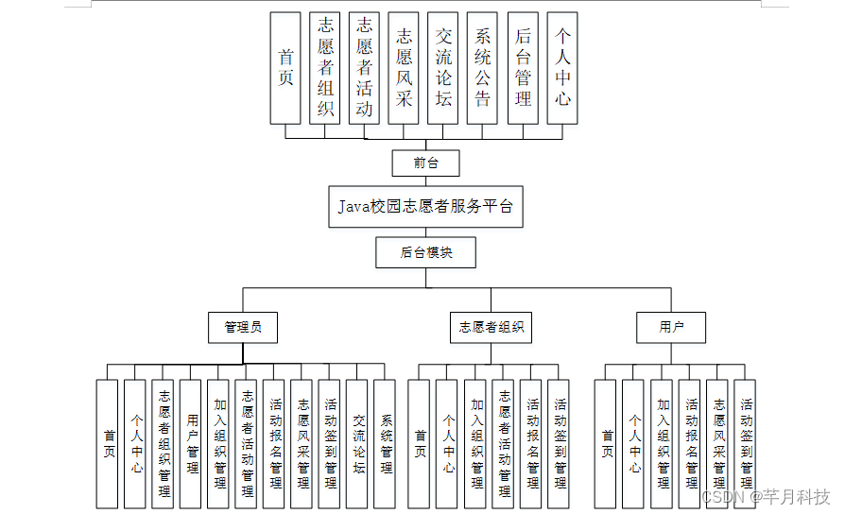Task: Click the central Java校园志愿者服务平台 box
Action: coord(425,207)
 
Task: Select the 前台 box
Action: coord(425,163)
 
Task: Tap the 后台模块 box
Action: coord(425,252)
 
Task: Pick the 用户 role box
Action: coord(671,328)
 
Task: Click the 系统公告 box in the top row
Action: coord(483,68)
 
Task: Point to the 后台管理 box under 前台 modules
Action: coord(523,68)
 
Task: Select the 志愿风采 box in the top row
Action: coord(404,68)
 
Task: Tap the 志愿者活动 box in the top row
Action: coord(364,68)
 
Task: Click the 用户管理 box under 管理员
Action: coord(191,442)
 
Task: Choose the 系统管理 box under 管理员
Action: coord(385,442)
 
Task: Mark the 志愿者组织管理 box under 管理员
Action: coord(164,442)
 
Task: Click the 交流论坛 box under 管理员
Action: coord(357,442)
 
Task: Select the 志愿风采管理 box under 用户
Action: coord(718,442)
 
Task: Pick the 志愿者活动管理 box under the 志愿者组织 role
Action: coord(504,442)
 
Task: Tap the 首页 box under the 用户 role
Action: coord(606,442)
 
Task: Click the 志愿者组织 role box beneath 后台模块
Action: coord(490,328)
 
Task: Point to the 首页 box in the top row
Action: coord(285,68)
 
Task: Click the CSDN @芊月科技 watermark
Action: coord(766,497)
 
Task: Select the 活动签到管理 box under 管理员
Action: coord(330,442)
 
